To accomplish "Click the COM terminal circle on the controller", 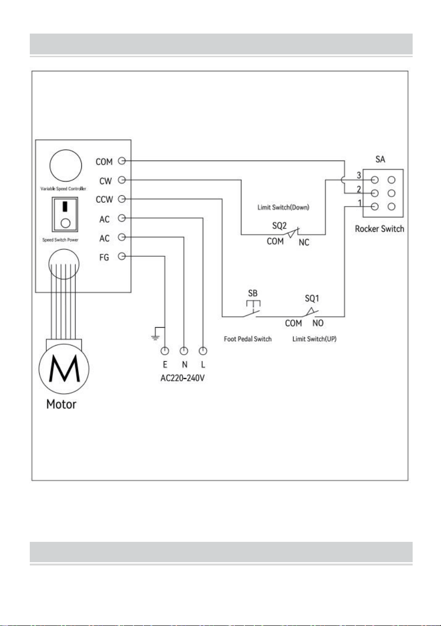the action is [122, 161].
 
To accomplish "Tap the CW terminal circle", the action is [122, 180].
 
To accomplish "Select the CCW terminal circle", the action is [122, 199].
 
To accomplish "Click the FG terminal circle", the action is [122, 256].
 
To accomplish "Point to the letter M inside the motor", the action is [64, 368].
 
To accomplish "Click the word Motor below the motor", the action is [61, 404].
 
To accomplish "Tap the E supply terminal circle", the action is [165, 351].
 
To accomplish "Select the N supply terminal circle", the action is [184, 351].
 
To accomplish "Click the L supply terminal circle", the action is [203, 351].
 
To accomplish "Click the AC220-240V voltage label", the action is [182, 378].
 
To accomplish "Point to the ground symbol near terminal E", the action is [156, 334].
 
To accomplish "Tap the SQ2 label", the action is [279, 226].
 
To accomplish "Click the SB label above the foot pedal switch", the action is [252, 293].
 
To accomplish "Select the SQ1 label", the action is [312, 298].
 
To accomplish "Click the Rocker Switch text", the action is [380, 229].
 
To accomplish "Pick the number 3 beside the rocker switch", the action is [359, 175].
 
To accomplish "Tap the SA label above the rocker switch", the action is [380, 159].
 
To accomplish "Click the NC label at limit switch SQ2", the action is [304, 242].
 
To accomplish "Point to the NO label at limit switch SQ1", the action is [318, 323].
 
